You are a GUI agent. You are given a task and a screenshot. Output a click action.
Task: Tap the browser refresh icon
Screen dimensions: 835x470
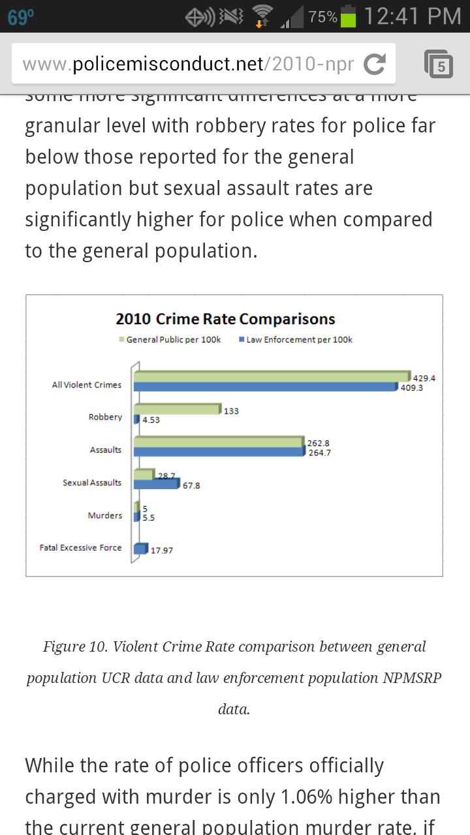(374, 64)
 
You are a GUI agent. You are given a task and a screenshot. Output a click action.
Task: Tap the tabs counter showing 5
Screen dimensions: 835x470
(439, 65)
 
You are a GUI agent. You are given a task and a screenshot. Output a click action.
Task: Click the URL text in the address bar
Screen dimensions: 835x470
(188, 64)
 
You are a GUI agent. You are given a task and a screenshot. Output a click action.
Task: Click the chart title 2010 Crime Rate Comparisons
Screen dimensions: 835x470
(225, 319)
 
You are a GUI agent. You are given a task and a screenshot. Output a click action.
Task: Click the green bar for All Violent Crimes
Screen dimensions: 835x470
(271, 376)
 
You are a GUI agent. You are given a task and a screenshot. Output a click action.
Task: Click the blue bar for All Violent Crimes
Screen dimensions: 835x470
(264, 386)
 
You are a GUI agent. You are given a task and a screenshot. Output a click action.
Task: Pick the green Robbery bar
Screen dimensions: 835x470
(177, 409)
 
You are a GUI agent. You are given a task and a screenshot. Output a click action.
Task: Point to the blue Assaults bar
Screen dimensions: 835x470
(219, 451)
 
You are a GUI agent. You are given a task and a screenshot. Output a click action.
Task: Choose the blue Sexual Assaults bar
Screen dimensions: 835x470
(156, 484)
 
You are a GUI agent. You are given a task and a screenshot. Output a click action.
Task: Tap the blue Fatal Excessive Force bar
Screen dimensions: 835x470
(140, 549)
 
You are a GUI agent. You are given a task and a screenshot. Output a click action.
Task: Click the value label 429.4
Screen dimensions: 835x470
(424, 378)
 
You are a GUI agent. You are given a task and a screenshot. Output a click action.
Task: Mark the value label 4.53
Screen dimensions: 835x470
(151, 420)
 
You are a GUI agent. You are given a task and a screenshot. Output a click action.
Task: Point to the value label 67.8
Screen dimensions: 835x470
(191, 486)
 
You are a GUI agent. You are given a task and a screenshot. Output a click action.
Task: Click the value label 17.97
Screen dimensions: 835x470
(161, 551)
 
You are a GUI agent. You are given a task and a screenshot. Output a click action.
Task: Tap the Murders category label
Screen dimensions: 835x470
(104, 515)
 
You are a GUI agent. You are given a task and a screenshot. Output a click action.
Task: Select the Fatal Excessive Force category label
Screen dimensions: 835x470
(80, 548)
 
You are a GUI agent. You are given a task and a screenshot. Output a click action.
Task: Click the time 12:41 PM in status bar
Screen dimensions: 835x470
(412, 16)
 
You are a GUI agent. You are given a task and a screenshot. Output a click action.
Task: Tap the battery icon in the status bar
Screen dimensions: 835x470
(349, 16)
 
